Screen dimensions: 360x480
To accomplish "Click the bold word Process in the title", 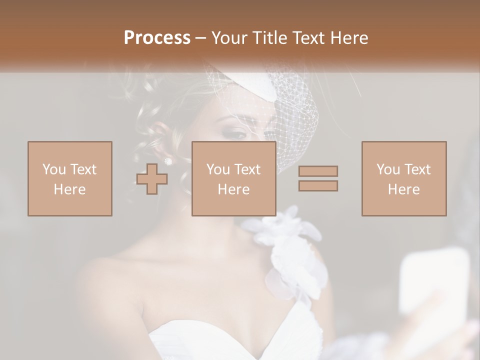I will pos(157,37).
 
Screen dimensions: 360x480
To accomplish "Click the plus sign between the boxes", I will pos(152,179).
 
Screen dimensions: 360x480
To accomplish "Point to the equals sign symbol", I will pos(318,178).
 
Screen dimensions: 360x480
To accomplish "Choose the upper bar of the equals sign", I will pos(318,171).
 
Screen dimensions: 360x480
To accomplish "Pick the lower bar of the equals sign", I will pos(318,185).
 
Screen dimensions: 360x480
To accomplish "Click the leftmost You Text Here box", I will pos(70,178).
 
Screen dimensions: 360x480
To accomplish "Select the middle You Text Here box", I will pos(234,178).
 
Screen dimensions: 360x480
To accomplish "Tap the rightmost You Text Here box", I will pos(404,178).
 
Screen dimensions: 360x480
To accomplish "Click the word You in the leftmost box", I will pos(53,169).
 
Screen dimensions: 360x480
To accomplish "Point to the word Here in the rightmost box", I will pos(404,189).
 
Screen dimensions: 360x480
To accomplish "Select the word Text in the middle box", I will pos(247,169).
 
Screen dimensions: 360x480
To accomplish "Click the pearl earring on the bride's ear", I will pos(168,161).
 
